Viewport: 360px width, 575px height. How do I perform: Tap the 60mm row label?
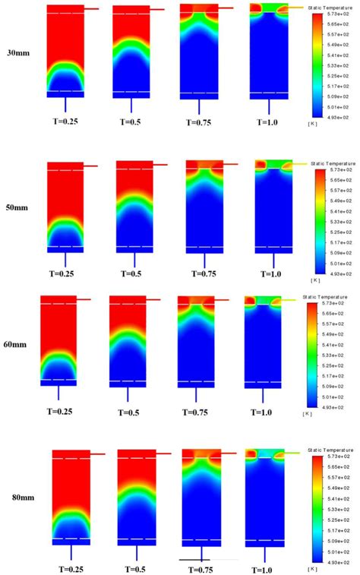pyautogui.click(x=16, y=344)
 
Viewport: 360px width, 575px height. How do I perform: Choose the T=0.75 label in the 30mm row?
pyautogui.click(x=201, y=122)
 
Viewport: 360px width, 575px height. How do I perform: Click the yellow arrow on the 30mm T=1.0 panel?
pyautogui.click(x=297, y=8)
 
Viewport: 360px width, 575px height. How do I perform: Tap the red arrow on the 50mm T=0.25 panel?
pyautogui.click(x=90, y=166)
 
